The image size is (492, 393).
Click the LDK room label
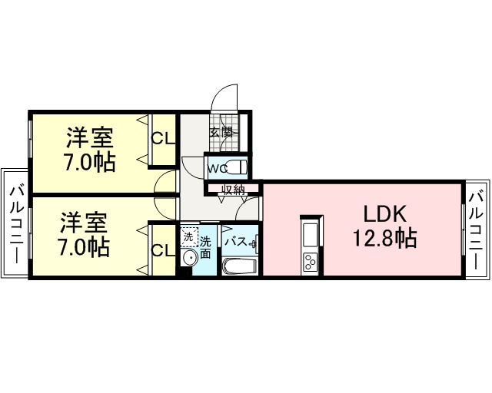385,214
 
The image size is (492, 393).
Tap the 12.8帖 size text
385,238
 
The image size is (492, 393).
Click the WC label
218,169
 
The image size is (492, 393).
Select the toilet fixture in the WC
237,167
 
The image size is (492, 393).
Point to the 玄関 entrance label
222,132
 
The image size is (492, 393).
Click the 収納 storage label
233,190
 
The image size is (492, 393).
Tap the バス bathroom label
235,242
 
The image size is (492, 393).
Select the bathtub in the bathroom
240,266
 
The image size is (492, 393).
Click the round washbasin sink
190,258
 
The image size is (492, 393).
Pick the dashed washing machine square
189,236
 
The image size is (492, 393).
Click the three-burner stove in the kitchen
310,263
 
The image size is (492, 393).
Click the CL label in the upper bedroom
163,138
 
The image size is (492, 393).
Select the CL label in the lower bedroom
163,250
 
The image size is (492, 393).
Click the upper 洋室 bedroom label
90,137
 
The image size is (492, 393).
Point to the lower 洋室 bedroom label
84,223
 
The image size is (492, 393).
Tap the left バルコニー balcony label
15,225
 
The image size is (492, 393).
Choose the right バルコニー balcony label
476,231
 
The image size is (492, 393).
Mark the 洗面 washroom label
205,247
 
